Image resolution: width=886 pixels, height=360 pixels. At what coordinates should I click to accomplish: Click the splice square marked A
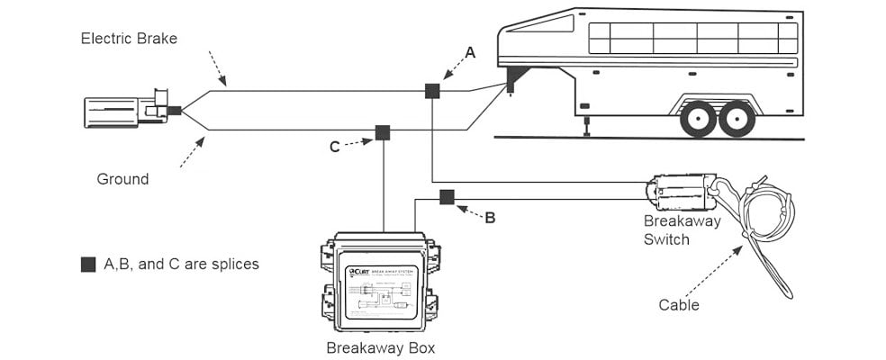click(x=432, y=90)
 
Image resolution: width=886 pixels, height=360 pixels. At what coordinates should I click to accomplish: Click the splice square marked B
click(x=447, y=197)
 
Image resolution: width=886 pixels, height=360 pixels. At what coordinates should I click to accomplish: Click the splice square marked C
click(x=383, y=133)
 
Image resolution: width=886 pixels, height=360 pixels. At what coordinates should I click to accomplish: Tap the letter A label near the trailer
click(x=470, y=54)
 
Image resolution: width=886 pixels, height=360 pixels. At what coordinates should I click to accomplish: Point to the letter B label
click(x=490, y=217)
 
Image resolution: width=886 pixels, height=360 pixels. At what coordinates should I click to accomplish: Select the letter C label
click(x=334, y=147)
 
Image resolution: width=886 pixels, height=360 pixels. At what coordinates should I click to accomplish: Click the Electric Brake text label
click(x=129, y=38)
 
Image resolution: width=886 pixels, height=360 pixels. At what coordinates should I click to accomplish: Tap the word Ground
click(x=122, y=179)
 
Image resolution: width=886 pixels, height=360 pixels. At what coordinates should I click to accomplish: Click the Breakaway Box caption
click(x=382, y=346)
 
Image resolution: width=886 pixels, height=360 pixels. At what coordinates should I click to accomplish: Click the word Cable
click(x=679, y=305)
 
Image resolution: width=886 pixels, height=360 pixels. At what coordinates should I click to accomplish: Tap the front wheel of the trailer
click(x=699, y=118)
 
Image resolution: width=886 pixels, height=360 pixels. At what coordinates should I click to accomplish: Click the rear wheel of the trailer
click(x=737, y=118)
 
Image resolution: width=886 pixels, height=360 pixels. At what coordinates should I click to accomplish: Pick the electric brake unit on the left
click(x=126, y=110)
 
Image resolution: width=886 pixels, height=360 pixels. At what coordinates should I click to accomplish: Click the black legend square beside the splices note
click(x=87, y=265)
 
